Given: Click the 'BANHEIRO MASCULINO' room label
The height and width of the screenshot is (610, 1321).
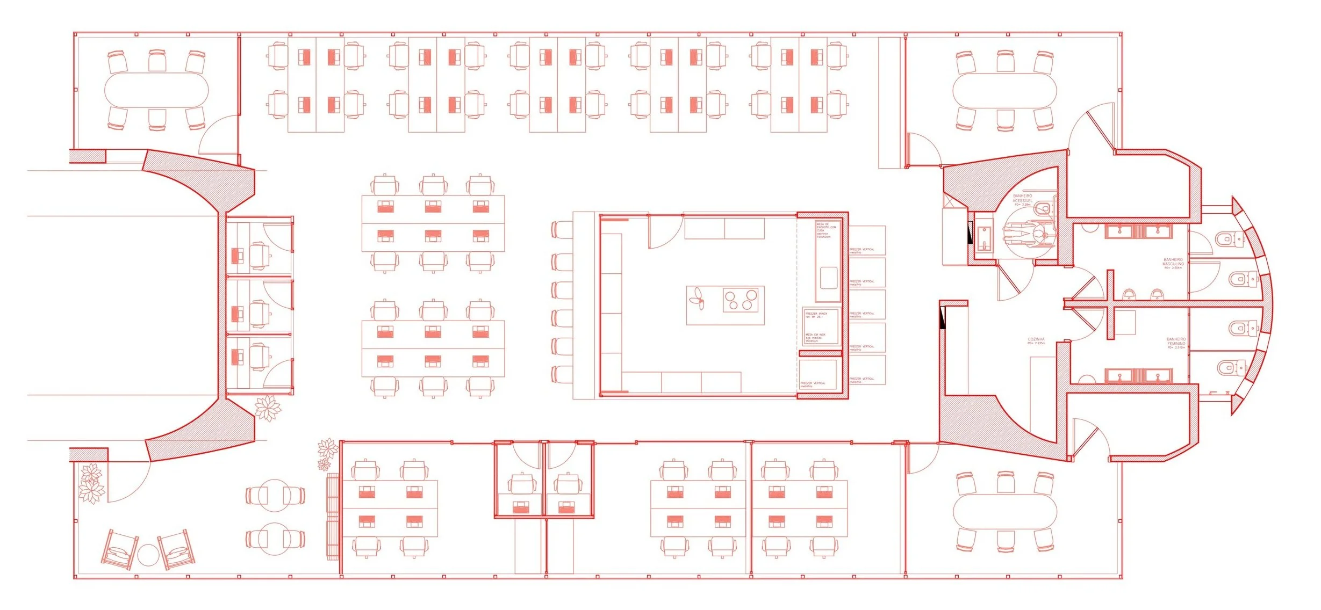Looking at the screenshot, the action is [x=1173, y=263].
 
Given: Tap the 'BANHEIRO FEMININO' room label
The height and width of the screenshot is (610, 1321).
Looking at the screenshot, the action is [x=1176, y=343].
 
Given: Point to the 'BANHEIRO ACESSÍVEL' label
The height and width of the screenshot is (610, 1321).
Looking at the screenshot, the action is [x=1022, y=200].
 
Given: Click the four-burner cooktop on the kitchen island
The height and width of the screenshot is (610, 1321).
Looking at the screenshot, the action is [x=740, y=299].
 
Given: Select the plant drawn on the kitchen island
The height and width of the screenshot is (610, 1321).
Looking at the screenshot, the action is [x=698, y=299].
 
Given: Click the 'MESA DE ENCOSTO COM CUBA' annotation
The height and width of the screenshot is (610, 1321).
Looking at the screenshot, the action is [x=826, y=230].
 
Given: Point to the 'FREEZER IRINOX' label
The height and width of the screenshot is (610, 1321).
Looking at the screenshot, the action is [x=816, y=315].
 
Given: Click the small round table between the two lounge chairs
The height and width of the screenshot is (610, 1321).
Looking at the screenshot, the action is [x=148, y=555].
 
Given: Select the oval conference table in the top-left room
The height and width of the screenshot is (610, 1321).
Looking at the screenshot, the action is [x=156, y=90].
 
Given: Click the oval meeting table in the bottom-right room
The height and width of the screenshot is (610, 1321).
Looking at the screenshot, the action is [x=1004, y=511].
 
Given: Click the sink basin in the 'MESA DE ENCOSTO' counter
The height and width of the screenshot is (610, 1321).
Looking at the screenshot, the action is [x=828, y=278].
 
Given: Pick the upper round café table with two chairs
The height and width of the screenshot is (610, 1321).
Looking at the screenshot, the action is [x=275, y=495].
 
